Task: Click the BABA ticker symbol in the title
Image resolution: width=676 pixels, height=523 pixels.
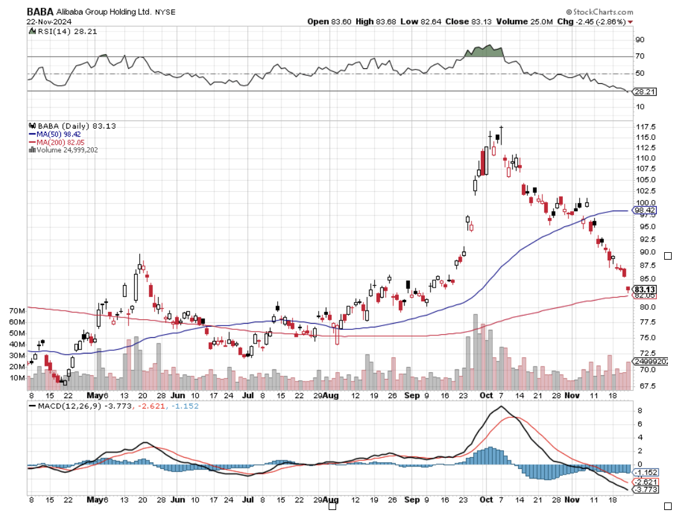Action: coord(40,11)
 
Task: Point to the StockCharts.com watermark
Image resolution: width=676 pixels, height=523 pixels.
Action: coord(600,12)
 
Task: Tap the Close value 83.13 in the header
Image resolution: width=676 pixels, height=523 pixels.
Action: coord(476,21)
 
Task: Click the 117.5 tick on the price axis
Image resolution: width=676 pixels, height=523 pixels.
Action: coord(644,127)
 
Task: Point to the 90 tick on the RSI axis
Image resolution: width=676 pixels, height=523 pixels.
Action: coord(639,40)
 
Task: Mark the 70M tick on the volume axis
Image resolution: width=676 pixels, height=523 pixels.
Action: coord(17,310)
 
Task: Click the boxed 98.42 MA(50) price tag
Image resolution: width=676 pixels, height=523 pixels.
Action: coord(644,211)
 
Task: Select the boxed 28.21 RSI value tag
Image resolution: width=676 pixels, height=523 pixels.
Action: coord(643,91)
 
